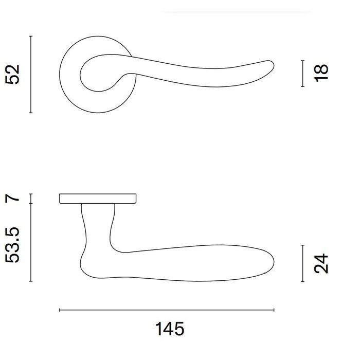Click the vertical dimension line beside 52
31,75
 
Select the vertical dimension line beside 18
302,74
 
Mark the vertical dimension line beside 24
302,263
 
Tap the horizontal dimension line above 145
167,310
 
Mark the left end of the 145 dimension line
60,310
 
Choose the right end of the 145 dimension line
274,310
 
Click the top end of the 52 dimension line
31,36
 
